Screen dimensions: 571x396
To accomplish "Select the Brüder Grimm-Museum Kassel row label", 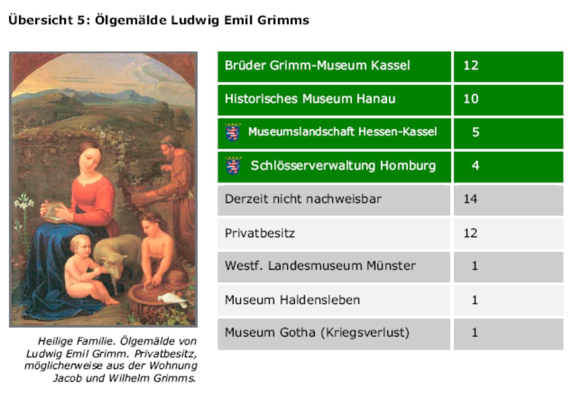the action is pos(317,66).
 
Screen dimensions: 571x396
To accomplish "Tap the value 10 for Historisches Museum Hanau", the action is pos(471,99).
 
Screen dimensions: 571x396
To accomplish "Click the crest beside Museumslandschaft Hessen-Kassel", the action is pos(233,132).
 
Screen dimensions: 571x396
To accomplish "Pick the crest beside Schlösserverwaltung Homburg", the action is pos(233,165).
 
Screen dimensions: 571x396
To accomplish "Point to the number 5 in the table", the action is pos(476,132).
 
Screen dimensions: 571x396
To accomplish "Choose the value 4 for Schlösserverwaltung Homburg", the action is pos(475,166).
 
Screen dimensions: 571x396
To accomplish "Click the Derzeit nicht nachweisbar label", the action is pos(303,199).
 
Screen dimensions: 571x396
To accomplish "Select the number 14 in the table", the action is pos(471,199).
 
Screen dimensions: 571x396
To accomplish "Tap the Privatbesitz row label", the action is pos(260,233).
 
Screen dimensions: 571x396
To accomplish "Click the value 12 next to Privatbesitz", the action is pos(471,233).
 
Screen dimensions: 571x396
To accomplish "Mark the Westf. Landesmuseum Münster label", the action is pos(320,266).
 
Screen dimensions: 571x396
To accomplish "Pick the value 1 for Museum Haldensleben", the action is pos(475,300).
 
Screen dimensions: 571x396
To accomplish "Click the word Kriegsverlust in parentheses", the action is pos(365,333).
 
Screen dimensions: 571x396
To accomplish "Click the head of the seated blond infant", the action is pos(81,247).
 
